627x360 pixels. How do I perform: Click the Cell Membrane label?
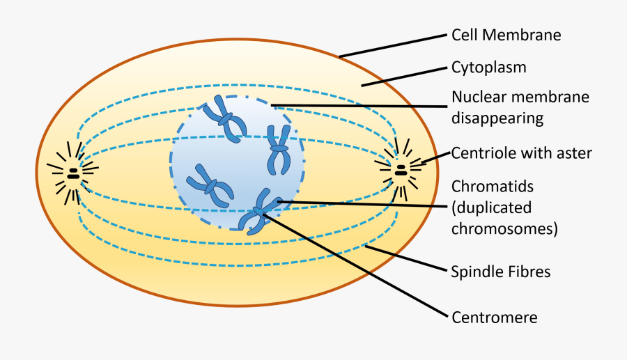pyautogui.click(x=506, y=34)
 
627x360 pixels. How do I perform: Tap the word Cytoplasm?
pyautogui.click(x=488, y=68)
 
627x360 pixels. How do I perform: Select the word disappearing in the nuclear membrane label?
pyautogui.click(x=497, y=118)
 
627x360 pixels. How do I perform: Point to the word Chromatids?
pyautogui.click(x=492, y=187)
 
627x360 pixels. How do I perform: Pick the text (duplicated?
pyautogui.click(x=491, y=208)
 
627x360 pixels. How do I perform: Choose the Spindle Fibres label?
pyautogui.click(x=500, y=272)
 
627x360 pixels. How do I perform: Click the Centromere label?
pyautogui.click(x=495, y=318)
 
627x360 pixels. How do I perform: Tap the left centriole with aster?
pyautogui.click(x=72, y=173)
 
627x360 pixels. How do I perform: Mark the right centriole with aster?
pyautogui.click(x=401, y=168)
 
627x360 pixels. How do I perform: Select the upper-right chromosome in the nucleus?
pyautogui.click(x=279, y=149)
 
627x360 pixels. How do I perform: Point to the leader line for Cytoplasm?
pyautogui.click(x=404, y=77)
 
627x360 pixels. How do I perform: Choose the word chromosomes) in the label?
pyautogui.click(x=504, y=228)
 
